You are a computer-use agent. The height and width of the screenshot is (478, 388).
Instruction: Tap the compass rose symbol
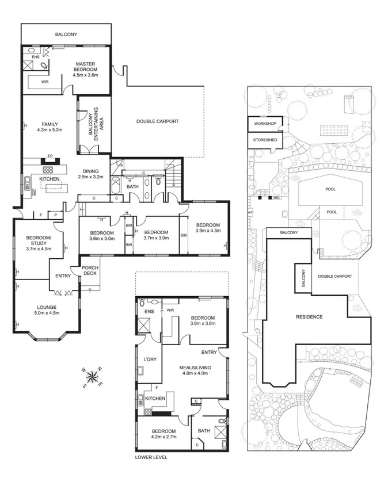[92, 377]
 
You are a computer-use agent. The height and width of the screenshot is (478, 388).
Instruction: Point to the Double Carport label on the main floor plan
[157, 121]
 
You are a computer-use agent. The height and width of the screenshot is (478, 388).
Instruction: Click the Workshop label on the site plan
[265, 124]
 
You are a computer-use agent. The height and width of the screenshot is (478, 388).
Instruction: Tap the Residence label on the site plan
[309, 317]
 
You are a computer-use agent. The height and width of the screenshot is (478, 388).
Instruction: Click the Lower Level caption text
[151, 458]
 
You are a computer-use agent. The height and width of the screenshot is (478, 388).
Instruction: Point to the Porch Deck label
[90, 270]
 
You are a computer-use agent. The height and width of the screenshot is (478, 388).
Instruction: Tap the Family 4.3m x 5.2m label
[51, 127]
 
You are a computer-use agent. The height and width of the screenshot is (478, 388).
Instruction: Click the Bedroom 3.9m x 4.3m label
[207, 228]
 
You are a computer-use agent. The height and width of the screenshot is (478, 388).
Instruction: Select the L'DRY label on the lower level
[150, 360]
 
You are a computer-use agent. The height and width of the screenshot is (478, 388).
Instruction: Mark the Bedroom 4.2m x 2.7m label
[163, 433]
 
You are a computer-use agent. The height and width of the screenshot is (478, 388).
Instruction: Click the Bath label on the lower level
[204, 430]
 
